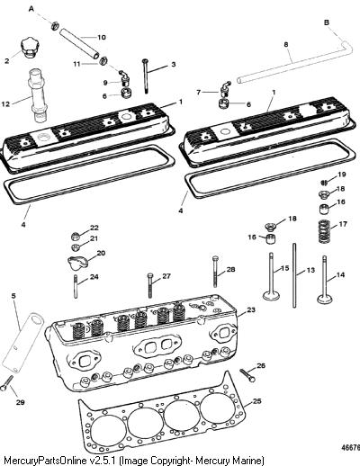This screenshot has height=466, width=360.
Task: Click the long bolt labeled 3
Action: click(146, 76)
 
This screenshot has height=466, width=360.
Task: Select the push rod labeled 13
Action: click(294, 275)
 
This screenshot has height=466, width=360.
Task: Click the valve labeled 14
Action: click(324, 280)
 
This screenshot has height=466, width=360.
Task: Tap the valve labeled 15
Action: click(271, 276)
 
